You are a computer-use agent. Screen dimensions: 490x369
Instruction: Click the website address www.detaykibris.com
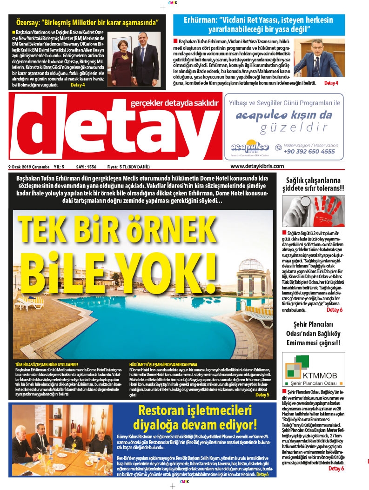click(257, 166)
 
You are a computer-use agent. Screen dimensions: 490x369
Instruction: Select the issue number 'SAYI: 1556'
click(86, 167)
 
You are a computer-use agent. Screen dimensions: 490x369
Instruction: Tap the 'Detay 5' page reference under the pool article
click(262, 395)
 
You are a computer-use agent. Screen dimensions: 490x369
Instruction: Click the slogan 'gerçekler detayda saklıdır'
click(174, 102)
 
